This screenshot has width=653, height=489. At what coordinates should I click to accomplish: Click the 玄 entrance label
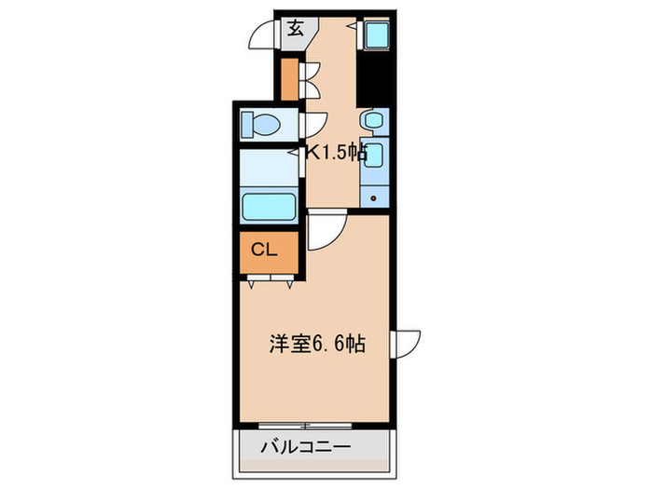pyautogui.click(x=295, y=28)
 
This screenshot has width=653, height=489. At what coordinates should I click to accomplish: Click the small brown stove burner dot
pyautogui.click(x=374, y=197)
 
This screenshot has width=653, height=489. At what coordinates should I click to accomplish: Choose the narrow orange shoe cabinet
pyautogui.click(x=289, y=79)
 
